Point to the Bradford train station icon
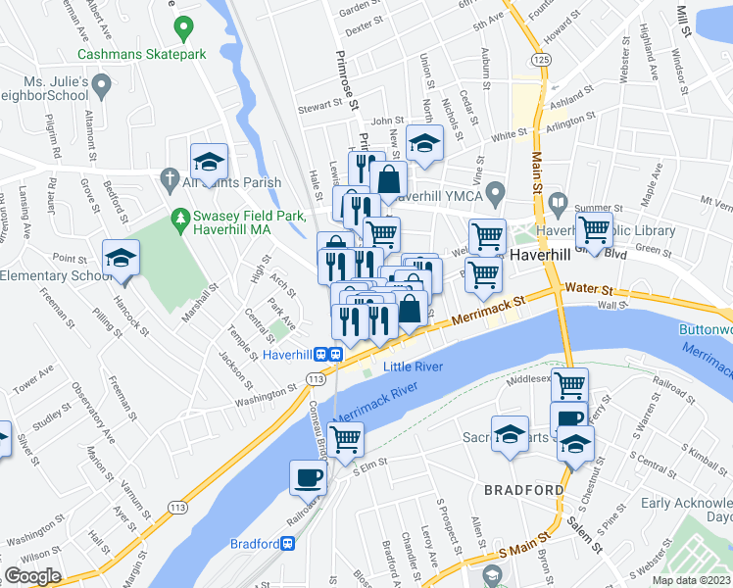288,543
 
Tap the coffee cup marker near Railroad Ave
309,478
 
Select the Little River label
414,367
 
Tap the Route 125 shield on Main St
540,61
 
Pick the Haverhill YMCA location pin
496,191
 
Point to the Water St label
589,290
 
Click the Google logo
32,576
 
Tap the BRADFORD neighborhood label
523,489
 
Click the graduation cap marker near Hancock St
121,259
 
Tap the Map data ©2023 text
691,580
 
